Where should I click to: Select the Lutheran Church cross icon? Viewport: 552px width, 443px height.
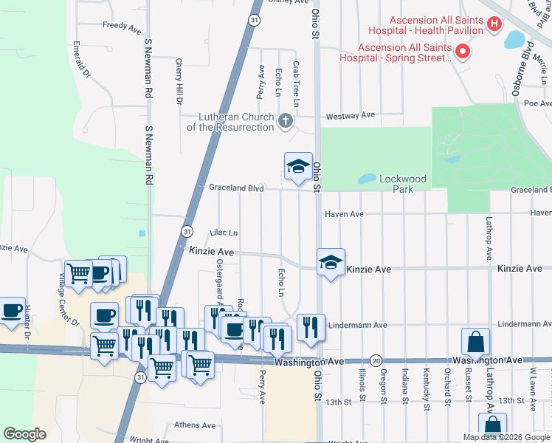[x=286, y=120]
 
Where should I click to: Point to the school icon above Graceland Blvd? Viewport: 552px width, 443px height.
[x=298, y=166]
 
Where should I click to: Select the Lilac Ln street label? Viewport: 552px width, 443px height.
[x=224, y=233]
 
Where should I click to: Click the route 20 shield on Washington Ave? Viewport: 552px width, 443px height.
[x=376, y=361]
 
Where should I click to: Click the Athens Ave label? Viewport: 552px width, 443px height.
[x=195, y=425]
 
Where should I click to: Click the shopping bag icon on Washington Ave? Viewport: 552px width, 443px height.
[x=475, y=342]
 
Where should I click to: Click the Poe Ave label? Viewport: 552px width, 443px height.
[x=532, y=104]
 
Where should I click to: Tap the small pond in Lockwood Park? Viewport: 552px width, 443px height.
[x=366, y=179]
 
